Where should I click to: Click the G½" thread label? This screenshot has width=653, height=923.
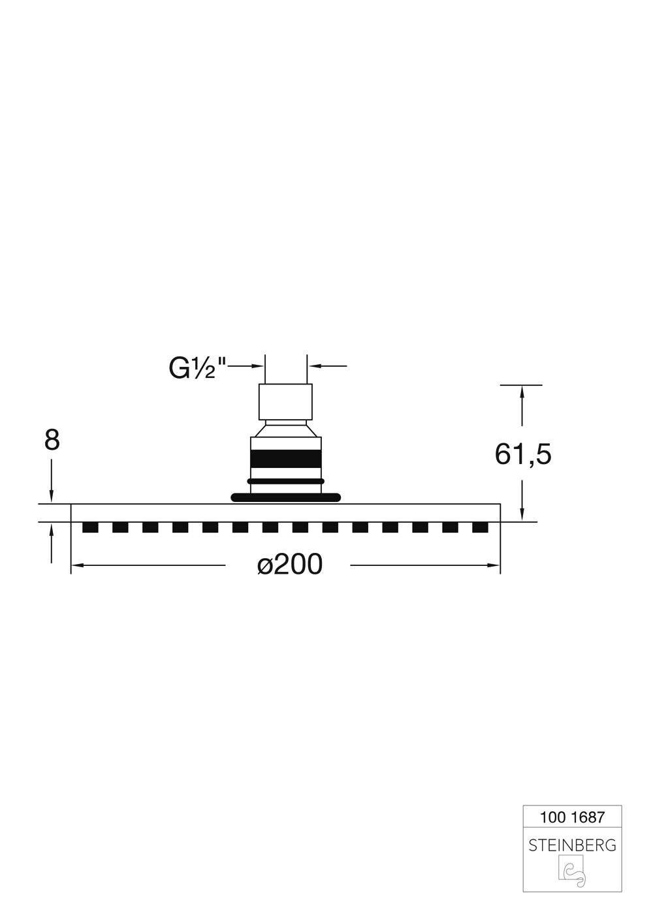[x=198, y=368]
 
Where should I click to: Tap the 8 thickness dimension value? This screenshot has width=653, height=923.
[x=52, y=440]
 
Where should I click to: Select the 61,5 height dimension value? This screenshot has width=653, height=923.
[x=523, y=454]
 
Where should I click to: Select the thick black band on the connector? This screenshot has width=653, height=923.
[x=286, y=459]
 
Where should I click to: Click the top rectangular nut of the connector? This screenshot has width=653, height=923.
[x=285, y=401]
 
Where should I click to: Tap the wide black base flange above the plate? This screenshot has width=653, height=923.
[x=286, y=497]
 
